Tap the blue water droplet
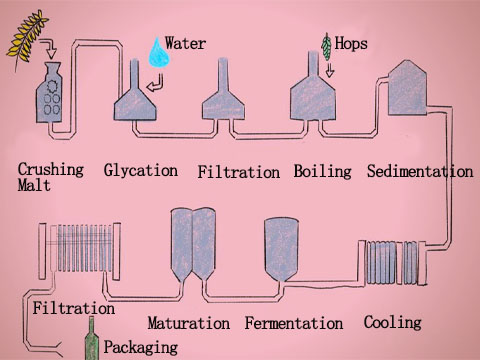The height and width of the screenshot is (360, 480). tap(155, 51)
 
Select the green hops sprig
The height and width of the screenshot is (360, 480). tap(325, 45)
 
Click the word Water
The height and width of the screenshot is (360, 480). tap(186, 43)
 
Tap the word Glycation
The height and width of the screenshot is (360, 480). tap(140, 170)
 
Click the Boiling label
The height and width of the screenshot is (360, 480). tap(322, 171)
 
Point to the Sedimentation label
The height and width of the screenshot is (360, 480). tap(419, 171)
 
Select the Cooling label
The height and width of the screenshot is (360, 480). tap(392, 322)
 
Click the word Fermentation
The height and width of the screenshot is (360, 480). tap(293, 323)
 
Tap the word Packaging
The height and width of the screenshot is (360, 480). tap(142, 347)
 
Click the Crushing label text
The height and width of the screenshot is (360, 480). tap(51, 169)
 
